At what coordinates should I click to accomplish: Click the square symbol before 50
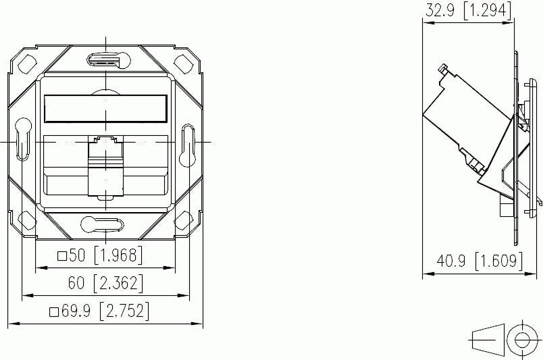pos(62,255)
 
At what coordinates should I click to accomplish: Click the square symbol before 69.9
pos(54,312)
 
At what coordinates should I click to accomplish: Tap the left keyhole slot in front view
pos(22,140)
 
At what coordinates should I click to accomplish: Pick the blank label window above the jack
pos(105,108)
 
